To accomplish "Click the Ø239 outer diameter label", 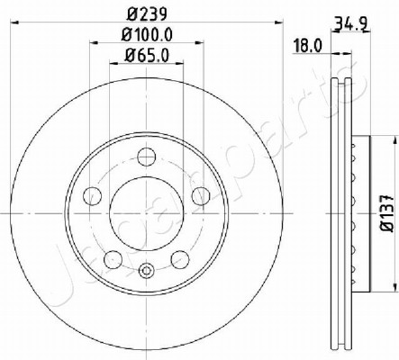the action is tap(147, 14).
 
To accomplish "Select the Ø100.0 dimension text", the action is tap(147, 35).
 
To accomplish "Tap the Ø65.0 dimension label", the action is tap(147, 56).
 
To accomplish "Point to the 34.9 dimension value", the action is tap(351, 23).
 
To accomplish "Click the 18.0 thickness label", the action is tap(308, 47).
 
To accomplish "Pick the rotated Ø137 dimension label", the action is tap(386, 213).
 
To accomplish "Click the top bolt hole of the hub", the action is tap(147, 157).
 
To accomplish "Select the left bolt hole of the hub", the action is tap(92, 196).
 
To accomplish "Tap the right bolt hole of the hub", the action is tap(201, 196).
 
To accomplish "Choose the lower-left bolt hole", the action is tap(113, 259).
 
